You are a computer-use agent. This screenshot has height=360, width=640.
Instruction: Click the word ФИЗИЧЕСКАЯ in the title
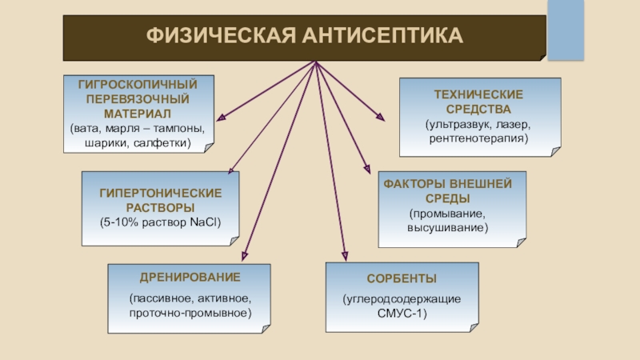pos(213,37)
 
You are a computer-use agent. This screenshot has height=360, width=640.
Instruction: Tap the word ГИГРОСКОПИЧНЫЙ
pos(138,83)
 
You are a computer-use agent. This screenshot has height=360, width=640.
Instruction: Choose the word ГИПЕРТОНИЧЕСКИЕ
pos(160,194)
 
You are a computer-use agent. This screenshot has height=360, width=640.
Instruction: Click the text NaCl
pos(204,222)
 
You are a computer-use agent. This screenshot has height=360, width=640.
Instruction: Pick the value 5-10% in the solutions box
pos(118,222)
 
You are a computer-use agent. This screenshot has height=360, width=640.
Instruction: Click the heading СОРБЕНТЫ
pos(401,278)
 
